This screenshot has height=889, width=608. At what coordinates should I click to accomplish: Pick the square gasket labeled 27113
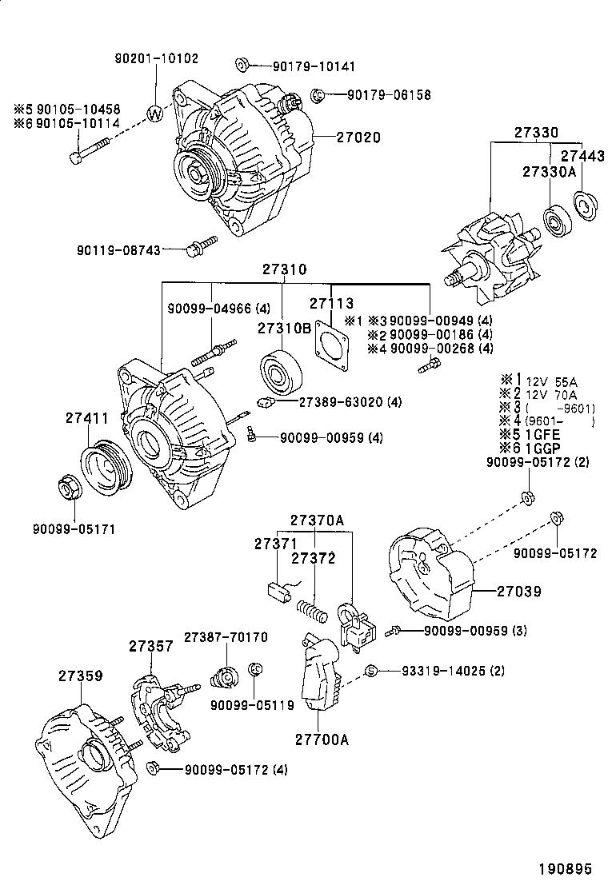click(336, 345)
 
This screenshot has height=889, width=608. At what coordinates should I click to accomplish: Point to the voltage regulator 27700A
click(320, 674)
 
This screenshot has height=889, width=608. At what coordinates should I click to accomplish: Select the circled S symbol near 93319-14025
click(370, 670)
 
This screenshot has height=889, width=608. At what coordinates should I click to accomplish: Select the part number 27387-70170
click(226, 637)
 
